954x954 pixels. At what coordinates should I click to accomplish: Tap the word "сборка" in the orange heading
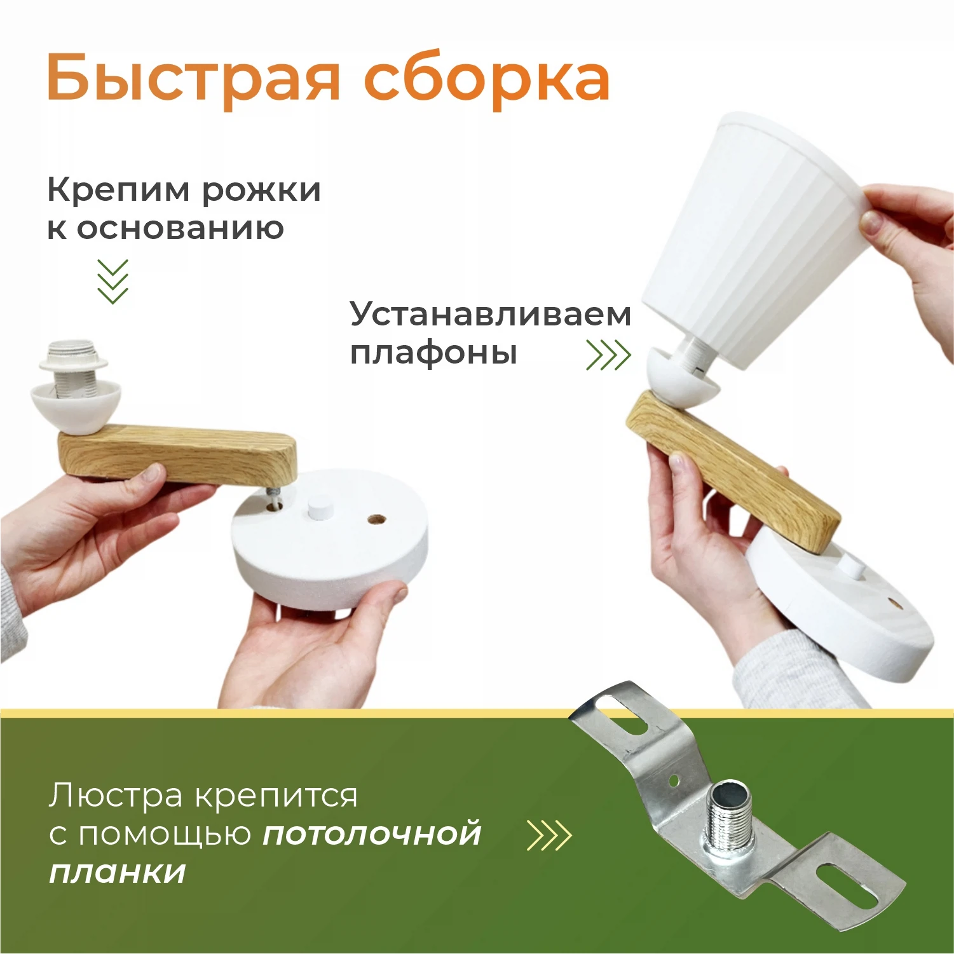(487, 79)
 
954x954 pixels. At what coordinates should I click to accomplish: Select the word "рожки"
(261, 190)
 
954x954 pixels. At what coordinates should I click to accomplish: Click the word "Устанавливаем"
(490, 314)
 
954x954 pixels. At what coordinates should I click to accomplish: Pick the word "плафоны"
(433, 353)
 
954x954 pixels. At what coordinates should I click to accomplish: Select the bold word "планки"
(118, 872)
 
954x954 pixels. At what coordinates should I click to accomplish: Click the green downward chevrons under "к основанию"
(112, 281)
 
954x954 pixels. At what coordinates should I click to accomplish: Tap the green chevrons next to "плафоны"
(608, 355)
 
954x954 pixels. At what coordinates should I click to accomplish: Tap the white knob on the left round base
(316, 508)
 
